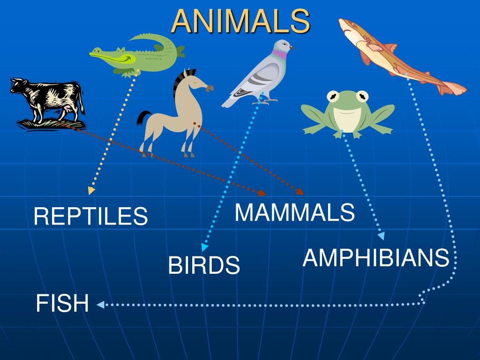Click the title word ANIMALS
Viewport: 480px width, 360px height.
click(240, 21)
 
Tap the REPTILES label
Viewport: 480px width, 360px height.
click(90, 216)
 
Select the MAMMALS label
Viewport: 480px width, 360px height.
click(294, 212)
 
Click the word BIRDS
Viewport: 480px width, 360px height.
click(204, 266)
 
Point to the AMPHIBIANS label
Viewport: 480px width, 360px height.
click(376, 258)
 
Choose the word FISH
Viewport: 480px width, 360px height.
click(62, 303)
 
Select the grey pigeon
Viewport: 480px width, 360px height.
click(260, 75)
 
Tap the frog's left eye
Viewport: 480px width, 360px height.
click(334, 97)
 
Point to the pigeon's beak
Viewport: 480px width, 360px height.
click(292, 47)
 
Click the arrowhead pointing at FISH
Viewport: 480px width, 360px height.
click(100, 305)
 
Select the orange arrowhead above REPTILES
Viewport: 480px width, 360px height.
click(91, 191)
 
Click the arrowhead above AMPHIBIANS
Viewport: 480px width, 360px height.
click(382, 236)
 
